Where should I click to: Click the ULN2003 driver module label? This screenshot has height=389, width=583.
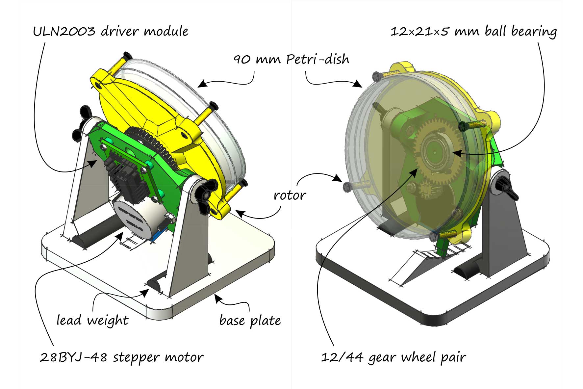pyautogui.click(x=111, y=32)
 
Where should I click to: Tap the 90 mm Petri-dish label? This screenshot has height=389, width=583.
pyautogui.click(x=291, y=60)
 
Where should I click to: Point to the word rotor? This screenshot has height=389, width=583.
pyautogui.click(x=290, y=195)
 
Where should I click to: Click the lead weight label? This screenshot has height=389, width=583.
pyautogui.click(x=92, y=320)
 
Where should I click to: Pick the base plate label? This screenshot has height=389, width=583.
pyautogui.click(x=250, y=320)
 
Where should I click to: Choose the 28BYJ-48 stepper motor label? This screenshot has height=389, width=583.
pyautogui.click(x=122, y=357)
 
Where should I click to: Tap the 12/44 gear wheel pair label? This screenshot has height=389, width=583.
pyautogui.click(x=393, y=357)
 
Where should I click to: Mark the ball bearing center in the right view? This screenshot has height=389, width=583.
pyautogui.click(x=436, y=152)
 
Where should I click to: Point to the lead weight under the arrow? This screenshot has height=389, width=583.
pyautogui.click(x=155, y=285)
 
